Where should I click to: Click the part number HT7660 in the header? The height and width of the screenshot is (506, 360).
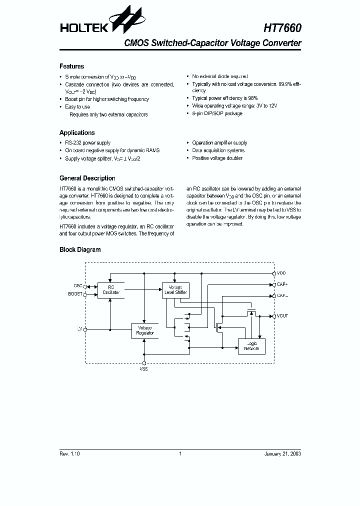(x=282, y=28)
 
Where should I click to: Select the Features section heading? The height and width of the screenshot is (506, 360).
(x=71, y=66)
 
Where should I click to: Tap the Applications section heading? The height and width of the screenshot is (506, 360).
(x=77, y=133)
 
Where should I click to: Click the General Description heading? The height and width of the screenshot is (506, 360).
(x=87, y=178)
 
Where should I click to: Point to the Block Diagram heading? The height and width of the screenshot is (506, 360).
(x=80, y=250)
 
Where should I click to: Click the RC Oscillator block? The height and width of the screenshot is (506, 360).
(x=110, y=290)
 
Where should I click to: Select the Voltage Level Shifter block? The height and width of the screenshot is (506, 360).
(x=175, y=290)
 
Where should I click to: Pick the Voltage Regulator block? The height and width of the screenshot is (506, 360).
(x=144, y=330)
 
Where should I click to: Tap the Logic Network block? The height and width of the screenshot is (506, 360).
(x=251, y=346)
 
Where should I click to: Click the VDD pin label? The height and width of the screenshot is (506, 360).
(x=281, y=273)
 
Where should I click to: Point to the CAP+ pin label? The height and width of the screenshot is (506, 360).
(x=282, y=284)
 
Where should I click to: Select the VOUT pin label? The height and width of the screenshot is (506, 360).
(x=282, y=316)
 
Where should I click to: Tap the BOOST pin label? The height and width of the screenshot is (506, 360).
(x=75, y=294)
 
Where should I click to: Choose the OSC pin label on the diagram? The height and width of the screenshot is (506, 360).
(x=77, y=286)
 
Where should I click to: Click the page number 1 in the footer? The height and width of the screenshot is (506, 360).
(x=180, y=453)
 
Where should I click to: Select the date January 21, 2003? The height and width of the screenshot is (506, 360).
(x=282, y=453)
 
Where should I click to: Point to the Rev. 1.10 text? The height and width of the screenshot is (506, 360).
(x=69, y=453)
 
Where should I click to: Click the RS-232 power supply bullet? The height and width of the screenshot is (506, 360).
(x=88, y=143)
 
